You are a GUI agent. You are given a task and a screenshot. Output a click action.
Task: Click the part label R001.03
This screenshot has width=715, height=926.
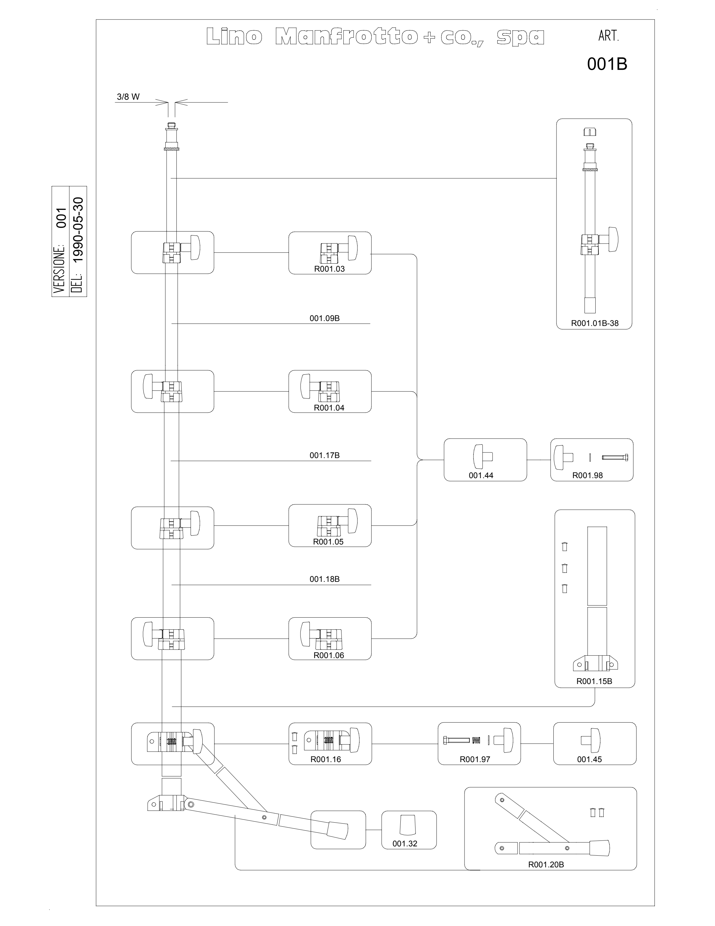tap(329, 269)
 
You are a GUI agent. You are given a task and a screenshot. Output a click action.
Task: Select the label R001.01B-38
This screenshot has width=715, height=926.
tap(595, 323)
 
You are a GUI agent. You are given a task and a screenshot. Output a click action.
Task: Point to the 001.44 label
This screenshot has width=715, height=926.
tap(481, 475)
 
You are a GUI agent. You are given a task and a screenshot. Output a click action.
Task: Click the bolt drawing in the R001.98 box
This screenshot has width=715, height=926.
tap(615, 457)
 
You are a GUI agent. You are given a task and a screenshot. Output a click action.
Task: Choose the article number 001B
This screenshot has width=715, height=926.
tap(607, 64)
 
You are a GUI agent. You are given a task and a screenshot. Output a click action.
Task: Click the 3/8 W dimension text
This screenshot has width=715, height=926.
tap(128, 97)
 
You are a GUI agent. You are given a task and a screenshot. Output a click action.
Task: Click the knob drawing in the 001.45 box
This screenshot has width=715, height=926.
tap(590, 740)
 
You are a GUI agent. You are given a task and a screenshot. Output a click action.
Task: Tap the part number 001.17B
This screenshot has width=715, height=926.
tap(324, 455)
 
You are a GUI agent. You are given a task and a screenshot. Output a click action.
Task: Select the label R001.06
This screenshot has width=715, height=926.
tap(329, 655)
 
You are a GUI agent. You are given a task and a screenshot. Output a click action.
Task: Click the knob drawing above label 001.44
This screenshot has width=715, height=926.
tap(482, 457)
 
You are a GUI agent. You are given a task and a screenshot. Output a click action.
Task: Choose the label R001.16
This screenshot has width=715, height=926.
tap(326, 759)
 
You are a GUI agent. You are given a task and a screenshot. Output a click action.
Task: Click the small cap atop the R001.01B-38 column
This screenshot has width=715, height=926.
tap(590, 132)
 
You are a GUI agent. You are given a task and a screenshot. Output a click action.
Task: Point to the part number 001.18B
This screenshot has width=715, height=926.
tap(324, 579)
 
